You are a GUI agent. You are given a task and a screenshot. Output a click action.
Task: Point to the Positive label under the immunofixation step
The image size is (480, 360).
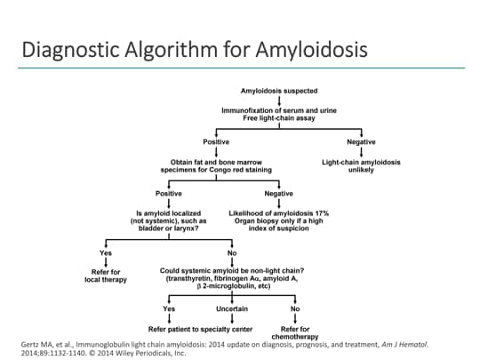217,142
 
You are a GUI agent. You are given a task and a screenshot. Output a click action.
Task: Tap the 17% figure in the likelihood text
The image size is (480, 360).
321,213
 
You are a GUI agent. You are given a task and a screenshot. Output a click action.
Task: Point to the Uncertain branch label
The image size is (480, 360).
232,308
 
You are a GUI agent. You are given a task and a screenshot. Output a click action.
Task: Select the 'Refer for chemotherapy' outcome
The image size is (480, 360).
294,332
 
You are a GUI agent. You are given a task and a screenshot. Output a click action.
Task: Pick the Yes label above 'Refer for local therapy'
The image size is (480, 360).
107,252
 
